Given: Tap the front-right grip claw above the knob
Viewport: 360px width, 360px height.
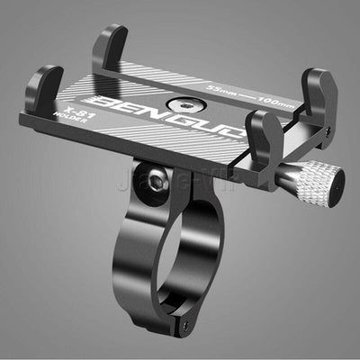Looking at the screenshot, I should pyautogui.click(x=261, y=144).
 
